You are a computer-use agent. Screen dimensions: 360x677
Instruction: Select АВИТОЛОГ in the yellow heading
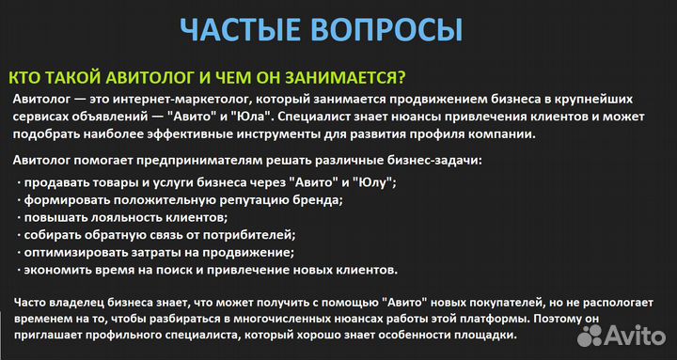[x=134, y=78]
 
